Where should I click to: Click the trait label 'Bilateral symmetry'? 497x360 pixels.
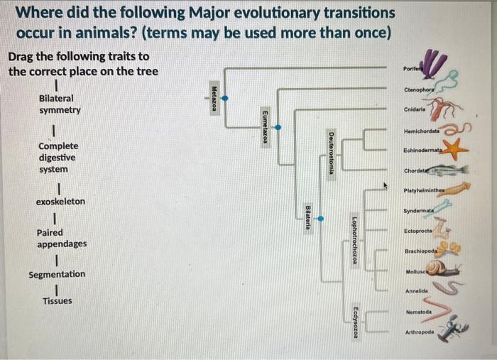point(60,104)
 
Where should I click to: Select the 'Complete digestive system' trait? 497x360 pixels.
point(58,158)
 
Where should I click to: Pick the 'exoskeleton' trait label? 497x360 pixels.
point(60,202)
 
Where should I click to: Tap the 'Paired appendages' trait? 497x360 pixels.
point(62,238)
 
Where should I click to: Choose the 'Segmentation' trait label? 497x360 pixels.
point(57,274)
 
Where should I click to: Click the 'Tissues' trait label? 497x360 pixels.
point(57,301)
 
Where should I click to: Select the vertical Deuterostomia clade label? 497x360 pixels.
point(331,154)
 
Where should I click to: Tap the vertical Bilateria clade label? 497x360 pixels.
point(307,216)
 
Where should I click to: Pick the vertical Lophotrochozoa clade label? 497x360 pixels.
point(354,239)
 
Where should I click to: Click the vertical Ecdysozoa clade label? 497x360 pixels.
point(355,322)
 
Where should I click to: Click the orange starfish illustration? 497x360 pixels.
point(454,150)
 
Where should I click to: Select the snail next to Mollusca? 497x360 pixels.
point(448,269)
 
